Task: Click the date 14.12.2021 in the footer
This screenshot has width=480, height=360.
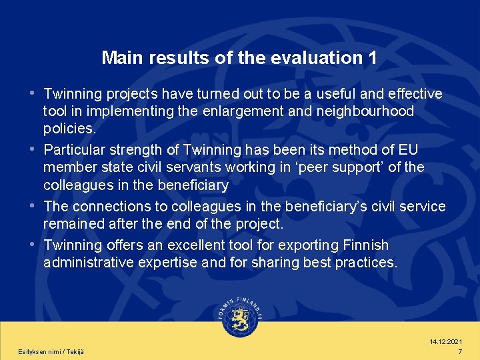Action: point(447,342)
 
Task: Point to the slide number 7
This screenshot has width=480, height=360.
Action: point(460,351)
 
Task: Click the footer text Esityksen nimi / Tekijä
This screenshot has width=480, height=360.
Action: point(51,351)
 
